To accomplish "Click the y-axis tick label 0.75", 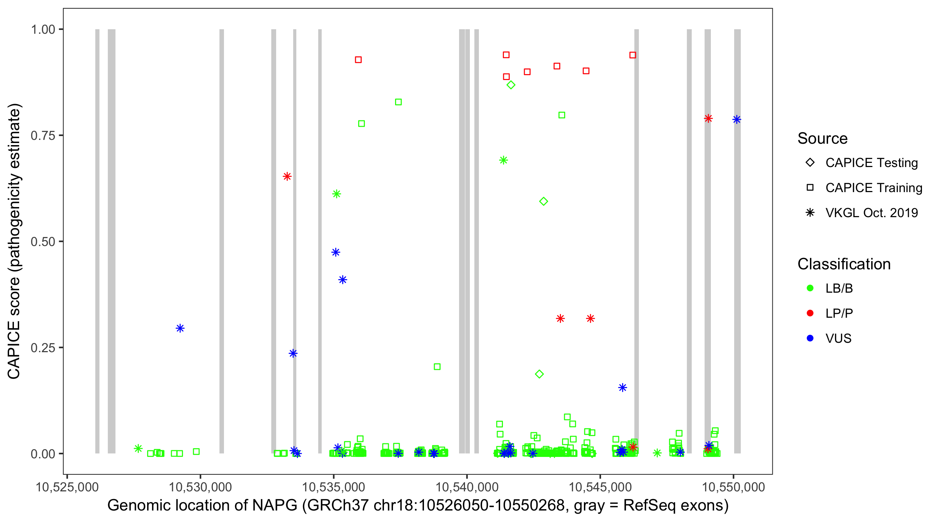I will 42,136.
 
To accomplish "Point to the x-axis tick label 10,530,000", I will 200,487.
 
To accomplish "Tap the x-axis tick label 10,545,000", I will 600,487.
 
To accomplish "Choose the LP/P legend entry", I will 839,313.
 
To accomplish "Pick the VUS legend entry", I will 838,339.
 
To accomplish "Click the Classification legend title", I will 844,264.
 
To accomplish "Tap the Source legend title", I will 822,139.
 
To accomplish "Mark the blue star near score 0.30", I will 180,328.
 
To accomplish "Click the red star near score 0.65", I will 287,176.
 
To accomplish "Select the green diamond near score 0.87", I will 511,85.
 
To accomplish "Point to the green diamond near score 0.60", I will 544,201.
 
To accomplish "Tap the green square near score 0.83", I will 399,102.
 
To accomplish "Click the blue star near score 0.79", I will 737,120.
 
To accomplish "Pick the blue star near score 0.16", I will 623,387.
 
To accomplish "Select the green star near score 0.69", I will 503,160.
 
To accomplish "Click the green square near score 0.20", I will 437,366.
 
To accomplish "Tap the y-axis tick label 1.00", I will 42,30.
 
